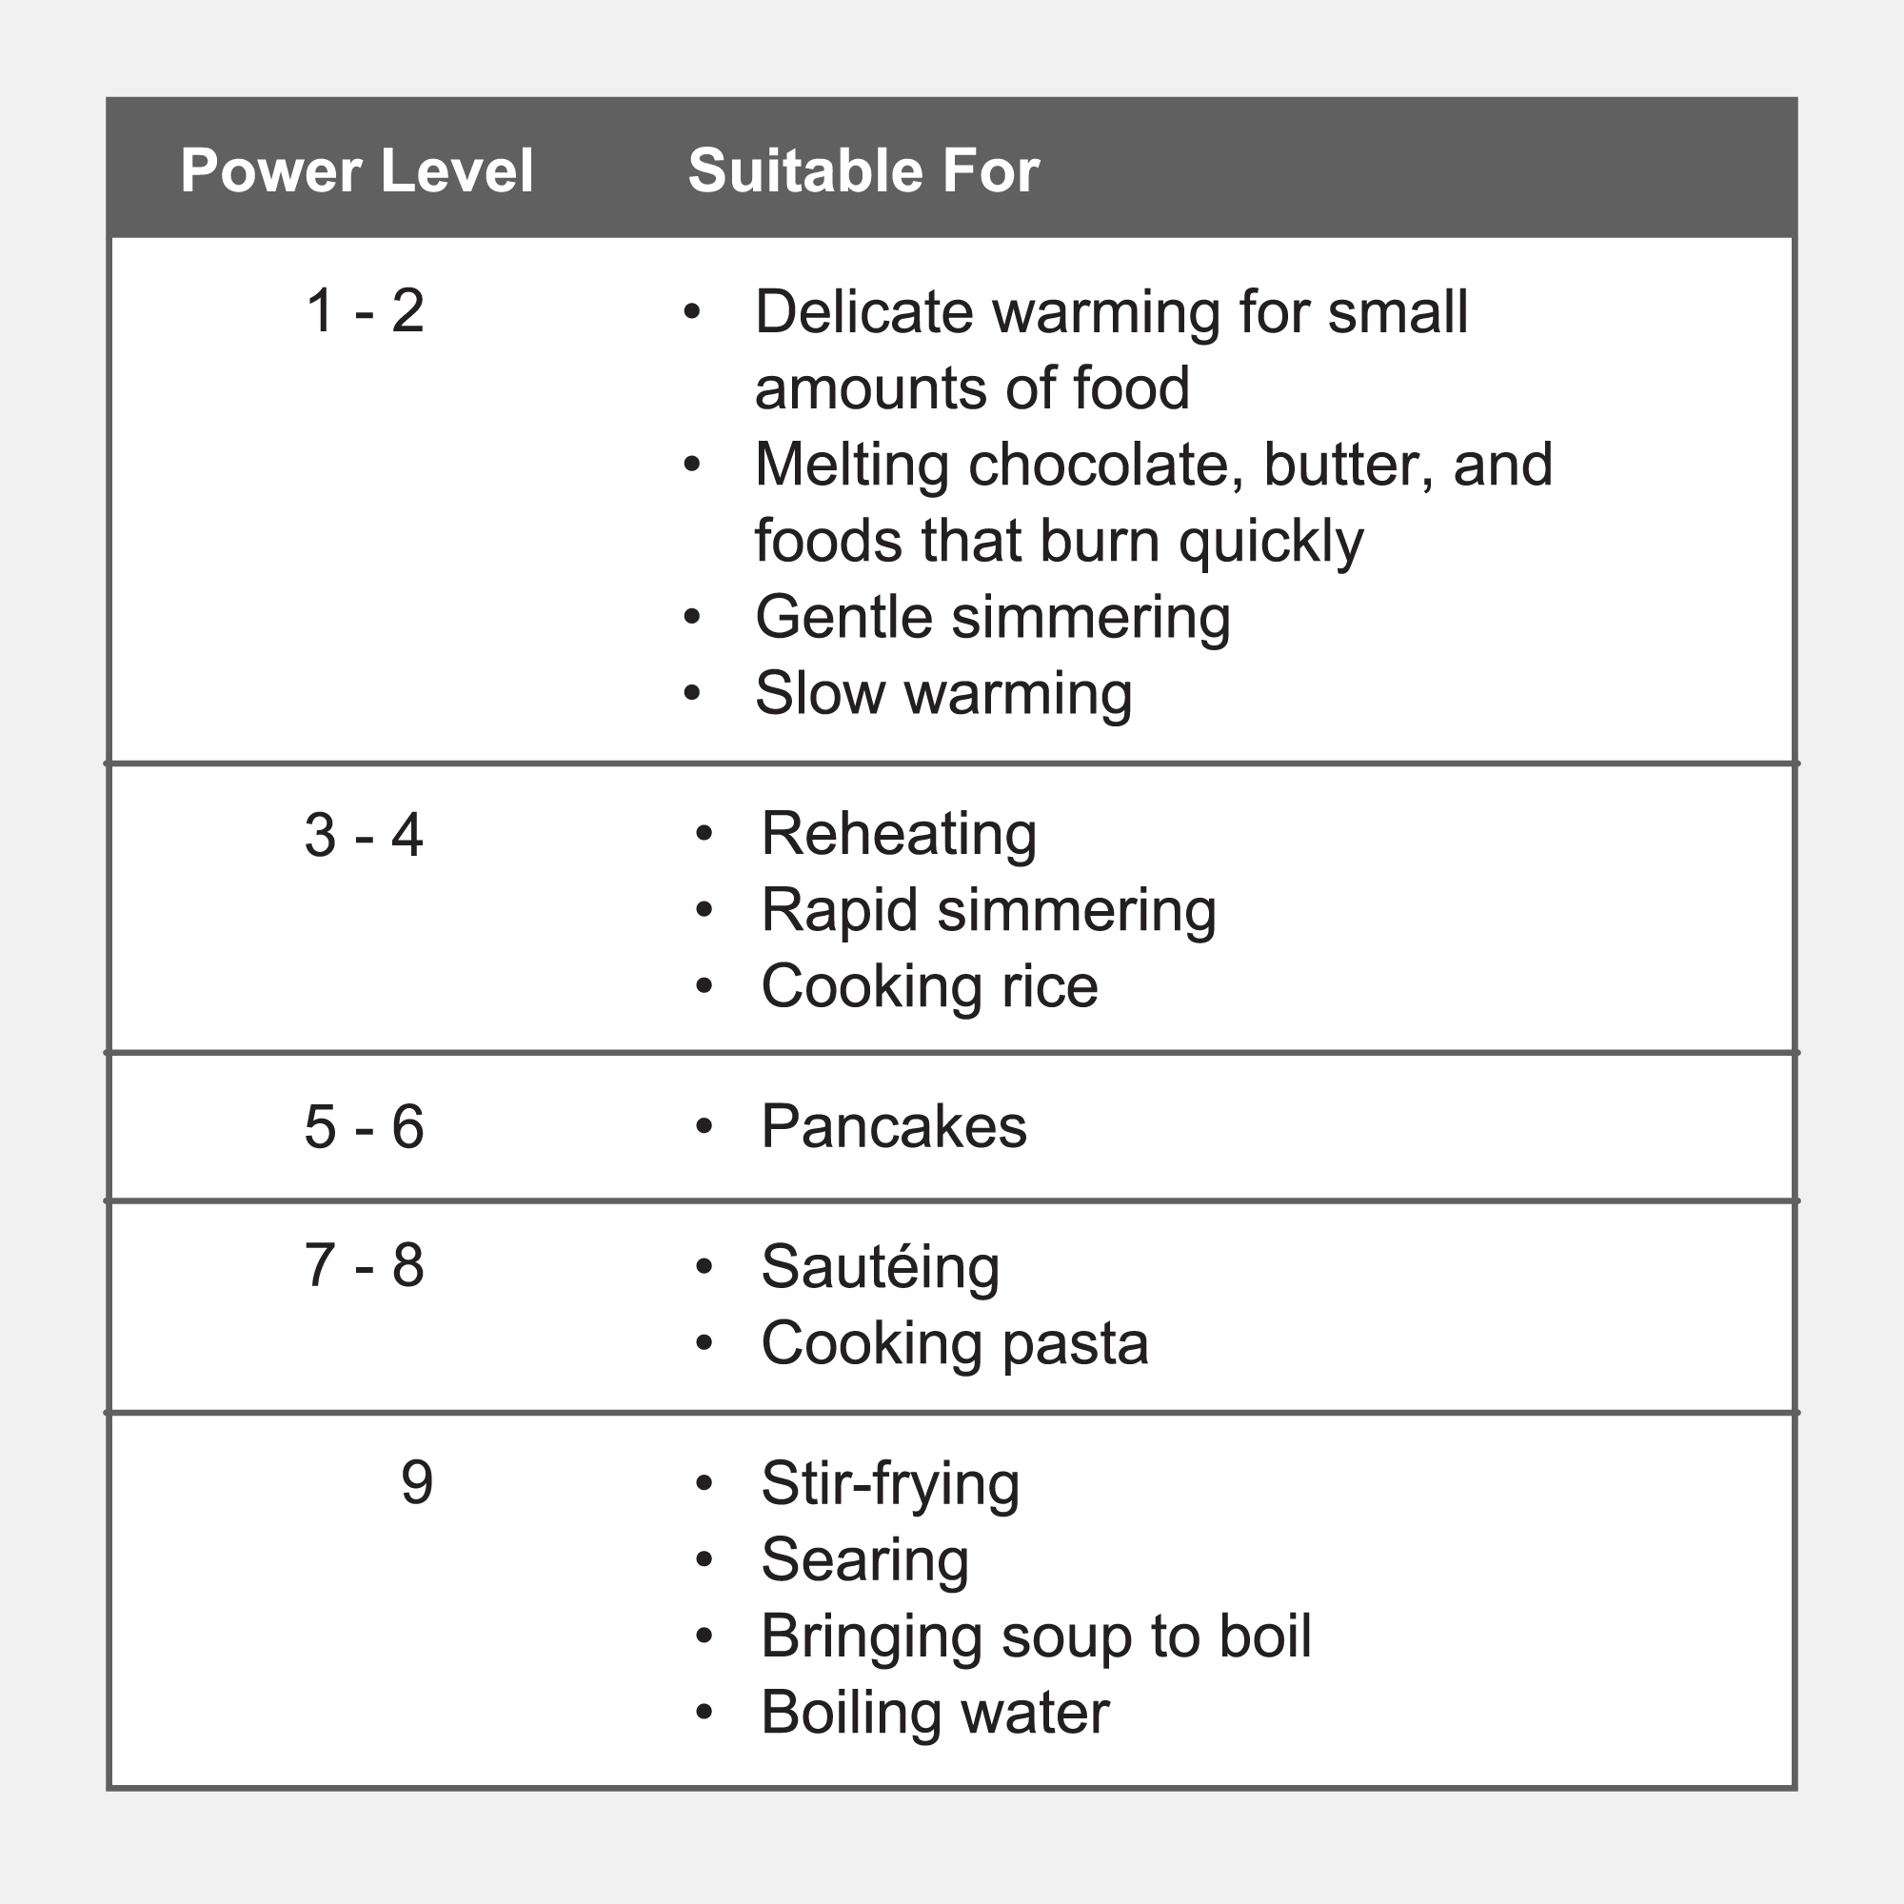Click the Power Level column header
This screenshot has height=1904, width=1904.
pyautogui.click(x=357, y=170)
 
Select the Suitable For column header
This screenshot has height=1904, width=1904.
pyautogui.click(x=863, y=170)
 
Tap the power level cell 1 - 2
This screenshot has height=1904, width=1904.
pyautogui.click(x=365, y=311)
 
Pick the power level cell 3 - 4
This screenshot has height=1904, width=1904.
pyautogui.click(x=364, y=836)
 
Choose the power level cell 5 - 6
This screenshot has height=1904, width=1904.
pyautogui.click(x=364, y=1126)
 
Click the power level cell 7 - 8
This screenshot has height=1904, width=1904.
pyautogui.click(x=364, y=1265)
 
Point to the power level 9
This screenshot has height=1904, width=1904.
pyautogui.click(x=417, y=1482)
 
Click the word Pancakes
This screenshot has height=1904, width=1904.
pyautogui.click(x=893, y=1126)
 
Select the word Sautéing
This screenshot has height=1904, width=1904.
pyautogui.click(x=880, y=1267)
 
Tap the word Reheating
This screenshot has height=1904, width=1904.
pyautogui.click(x=899, y=835)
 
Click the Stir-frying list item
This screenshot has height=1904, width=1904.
pyautogui.click(x=890, y=1484)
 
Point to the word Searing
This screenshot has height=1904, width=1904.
pyautogui.click(x=864, y=1560)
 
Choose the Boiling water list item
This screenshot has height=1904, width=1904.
pyautogui.click(x=934, y=1713)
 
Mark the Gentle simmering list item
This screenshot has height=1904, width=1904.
pyautogui.click(x=992, y=618)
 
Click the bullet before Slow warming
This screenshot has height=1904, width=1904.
pyautogui.click(x=692, y=694)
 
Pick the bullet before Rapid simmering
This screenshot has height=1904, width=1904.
pyautogui.click(x=704, y=911)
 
